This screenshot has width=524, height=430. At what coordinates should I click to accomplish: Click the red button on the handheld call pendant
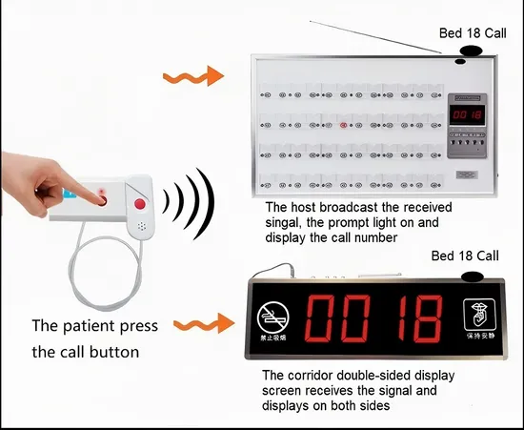140,203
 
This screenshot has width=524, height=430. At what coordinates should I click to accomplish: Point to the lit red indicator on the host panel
343,125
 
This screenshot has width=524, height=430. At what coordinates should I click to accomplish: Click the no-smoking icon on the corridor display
271,315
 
